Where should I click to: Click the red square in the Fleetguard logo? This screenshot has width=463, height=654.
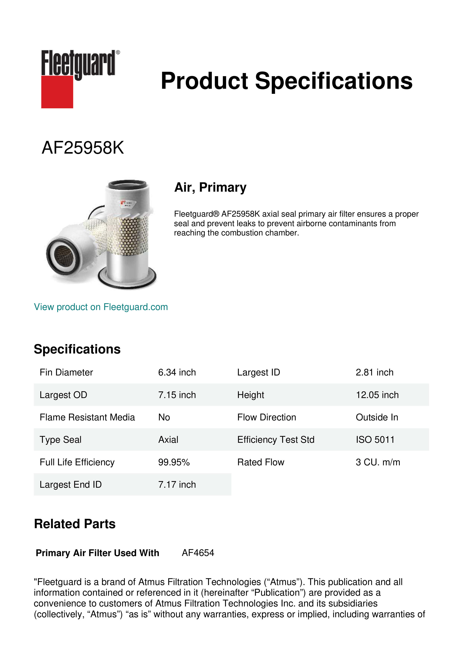click(57, 92)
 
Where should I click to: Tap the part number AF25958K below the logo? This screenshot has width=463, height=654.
click(83, 148)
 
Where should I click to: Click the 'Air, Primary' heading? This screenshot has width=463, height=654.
click(210, 187)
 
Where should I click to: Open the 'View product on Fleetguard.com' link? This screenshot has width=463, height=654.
click(101, 307)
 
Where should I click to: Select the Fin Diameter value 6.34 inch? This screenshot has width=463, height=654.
click(177, 372)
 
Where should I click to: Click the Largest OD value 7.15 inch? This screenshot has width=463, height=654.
click(177, 395)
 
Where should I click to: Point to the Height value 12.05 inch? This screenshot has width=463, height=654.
click(377, 395)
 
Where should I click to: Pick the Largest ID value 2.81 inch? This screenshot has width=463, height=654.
click(374, 372)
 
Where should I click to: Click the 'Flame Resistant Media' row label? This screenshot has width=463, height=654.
click(87, 417)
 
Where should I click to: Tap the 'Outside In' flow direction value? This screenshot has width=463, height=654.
click(377, 417)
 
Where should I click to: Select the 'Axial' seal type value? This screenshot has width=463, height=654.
click(168, 440)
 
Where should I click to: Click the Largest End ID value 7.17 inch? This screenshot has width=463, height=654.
click(177, 485)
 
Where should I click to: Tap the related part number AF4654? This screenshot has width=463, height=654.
click(198, 553)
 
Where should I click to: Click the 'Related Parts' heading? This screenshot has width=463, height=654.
click(75, 524)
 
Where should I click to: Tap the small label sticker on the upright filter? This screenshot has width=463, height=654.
click(127, 203)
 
